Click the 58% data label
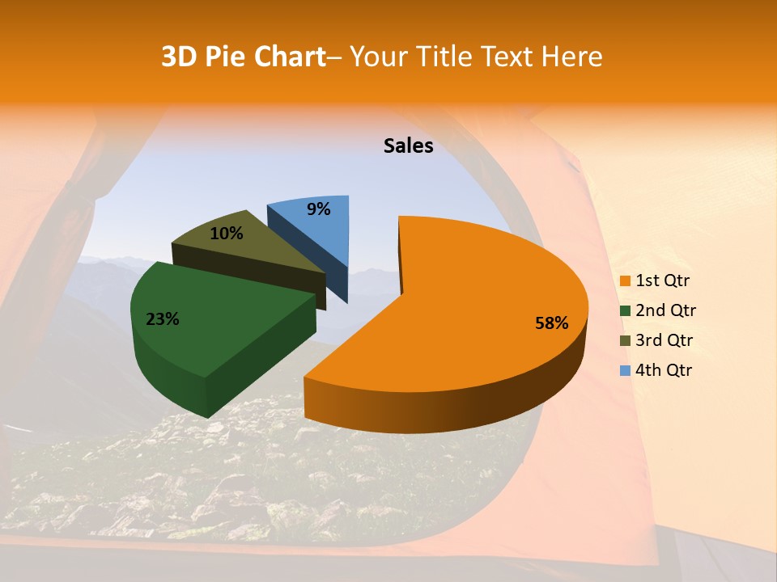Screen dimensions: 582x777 click(x=552, y=323)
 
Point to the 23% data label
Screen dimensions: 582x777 click(x=163, y=319)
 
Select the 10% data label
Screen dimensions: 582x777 click(x=227, y=234)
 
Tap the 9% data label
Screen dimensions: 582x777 click(x=319, y=209)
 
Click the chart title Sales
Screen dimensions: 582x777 click(x=409, y=146)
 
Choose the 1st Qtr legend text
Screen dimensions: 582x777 click(x=663, y=281)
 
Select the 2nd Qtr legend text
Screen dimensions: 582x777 click(x=666, y=311)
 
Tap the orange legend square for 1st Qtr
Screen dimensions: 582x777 click(x=625, y=281)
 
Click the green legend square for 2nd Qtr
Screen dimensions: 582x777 click(x=625, y=311)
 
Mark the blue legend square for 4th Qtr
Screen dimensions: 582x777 click(x=625, y=370)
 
